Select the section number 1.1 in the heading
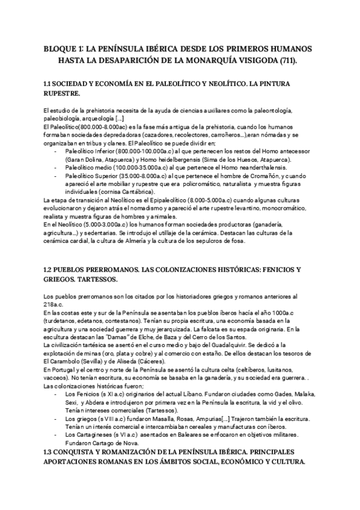(x=50, y=84)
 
